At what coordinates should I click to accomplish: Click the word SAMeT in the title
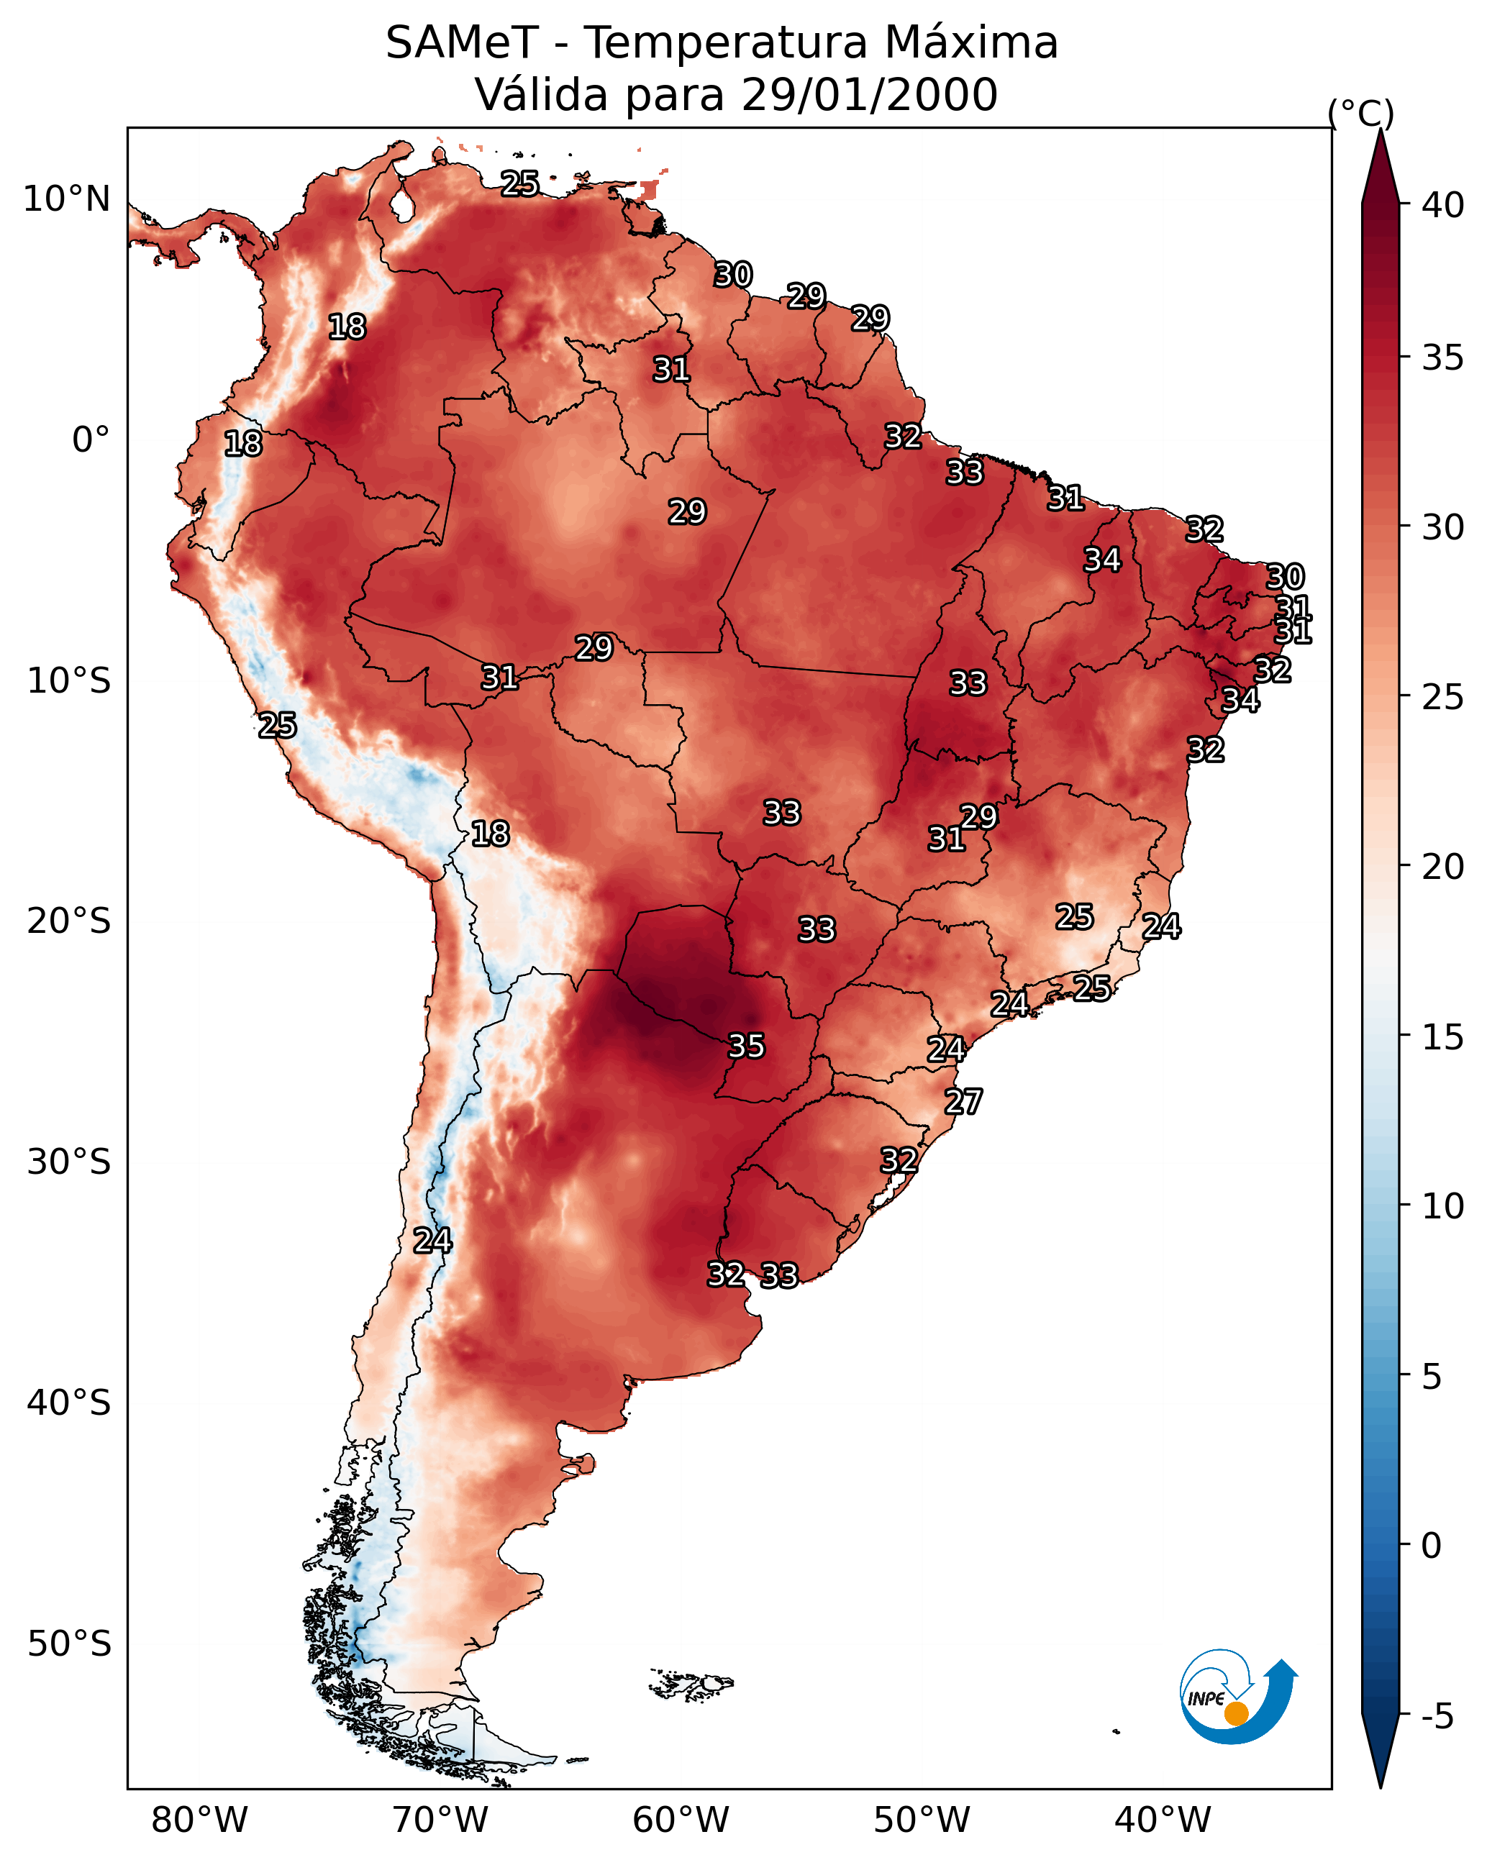pyautogui.click(x=462, y=43)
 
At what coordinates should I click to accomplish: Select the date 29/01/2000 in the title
pyautogui.click(x=869, y=95)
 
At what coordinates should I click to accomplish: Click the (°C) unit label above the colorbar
pyautogui.click(x=1361, y=113)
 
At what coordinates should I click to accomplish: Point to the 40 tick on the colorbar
pyautogui.click(x=1442, y=205)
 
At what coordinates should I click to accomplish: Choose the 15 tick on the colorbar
pyautogui.click(x=1442, y=1037)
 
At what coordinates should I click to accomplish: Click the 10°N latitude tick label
pyautogui.click(x=66, y=199)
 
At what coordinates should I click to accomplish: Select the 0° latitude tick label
pyautogui.click(x=91, y=440)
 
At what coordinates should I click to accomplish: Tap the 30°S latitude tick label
pyautogui.click(x=69, y=1162)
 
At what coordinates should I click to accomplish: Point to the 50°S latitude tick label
pyautogui.click(x=69, y=1644)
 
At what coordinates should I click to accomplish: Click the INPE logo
pyautogui.click(x=1237, y=1696)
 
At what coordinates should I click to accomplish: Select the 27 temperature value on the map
pyautogui.click(x=963, y=1102)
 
